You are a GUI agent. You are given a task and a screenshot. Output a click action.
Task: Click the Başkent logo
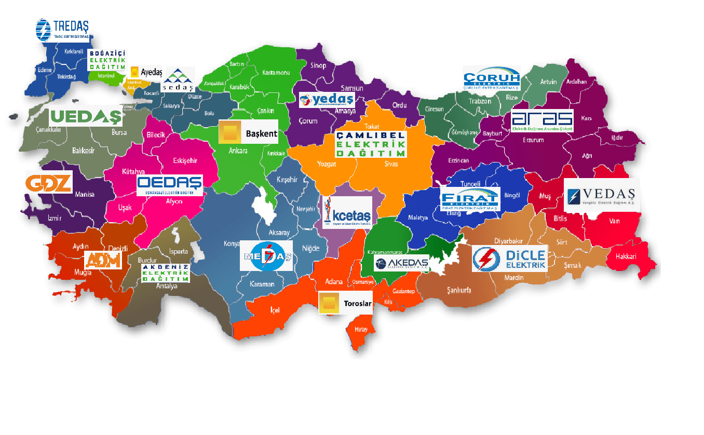click(x=248, y=132)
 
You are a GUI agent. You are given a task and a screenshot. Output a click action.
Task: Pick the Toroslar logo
click(x=345, y=303)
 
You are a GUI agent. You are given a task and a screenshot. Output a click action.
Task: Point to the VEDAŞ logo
click(x=601, y=195)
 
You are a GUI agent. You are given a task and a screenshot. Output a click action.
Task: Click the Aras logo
click(x=542, y=121)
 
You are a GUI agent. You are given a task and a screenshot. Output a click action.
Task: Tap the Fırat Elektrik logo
click(x=469, y=199)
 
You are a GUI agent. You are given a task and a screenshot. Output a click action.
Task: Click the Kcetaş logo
click(x=347, y=212)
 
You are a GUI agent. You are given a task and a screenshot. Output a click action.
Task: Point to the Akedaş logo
click(x=402, y=264)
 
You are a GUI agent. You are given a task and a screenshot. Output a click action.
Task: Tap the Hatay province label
click(x=360, y=329)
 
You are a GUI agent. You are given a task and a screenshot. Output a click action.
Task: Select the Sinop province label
click(x=318, y=65)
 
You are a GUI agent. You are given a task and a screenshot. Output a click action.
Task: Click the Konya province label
click(x=232, y=243)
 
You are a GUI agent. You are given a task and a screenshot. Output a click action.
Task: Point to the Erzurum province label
click(x=533, y=140)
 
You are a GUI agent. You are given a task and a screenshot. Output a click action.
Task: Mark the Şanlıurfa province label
click(x=458, y=290)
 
